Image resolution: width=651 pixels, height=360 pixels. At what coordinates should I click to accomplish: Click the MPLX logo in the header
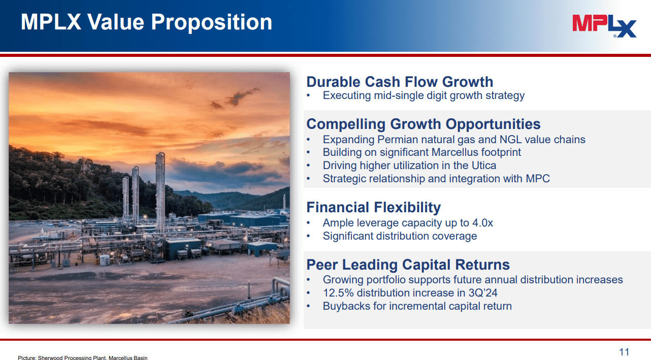604,25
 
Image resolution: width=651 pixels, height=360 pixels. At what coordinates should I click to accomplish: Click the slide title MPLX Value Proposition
146,22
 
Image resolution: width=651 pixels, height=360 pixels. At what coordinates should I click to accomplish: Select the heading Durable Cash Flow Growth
400,82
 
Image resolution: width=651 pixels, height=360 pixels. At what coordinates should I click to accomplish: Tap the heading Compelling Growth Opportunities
424,124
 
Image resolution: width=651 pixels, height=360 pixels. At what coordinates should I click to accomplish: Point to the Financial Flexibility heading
373,207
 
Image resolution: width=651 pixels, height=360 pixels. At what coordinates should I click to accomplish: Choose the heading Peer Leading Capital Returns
408,265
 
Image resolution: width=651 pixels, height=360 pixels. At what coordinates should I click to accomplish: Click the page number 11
624,352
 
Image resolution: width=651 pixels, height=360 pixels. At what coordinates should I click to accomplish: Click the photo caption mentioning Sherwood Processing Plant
83,357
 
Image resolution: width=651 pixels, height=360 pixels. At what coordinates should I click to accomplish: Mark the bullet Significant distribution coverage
400,236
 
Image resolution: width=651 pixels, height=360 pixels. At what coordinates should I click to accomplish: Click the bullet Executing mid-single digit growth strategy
424,95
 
